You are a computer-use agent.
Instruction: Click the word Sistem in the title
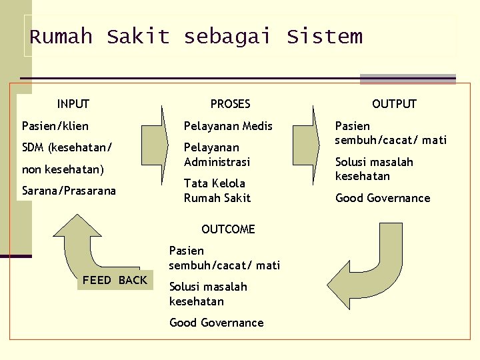[325, 37]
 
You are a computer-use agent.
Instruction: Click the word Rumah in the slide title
[61, 37]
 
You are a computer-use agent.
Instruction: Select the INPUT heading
[73, 104]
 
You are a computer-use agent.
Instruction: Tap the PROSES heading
[230, 104]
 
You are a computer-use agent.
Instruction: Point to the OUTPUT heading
[394, 104]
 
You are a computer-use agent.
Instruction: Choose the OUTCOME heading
[228, 229]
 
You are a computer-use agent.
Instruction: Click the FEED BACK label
[115, 280]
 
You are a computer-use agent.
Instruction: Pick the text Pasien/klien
[55, 126]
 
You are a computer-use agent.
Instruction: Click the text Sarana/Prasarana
[69, 191]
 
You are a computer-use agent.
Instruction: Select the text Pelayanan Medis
[228, 126]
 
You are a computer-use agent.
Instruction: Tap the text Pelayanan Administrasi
[217, 155]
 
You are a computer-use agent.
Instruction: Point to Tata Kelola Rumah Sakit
[217, 191]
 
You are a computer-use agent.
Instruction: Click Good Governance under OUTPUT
[383, 198]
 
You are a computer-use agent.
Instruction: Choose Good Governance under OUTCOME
[217, 323]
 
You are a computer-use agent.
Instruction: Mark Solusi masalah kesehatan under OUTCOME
[208, 294]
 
